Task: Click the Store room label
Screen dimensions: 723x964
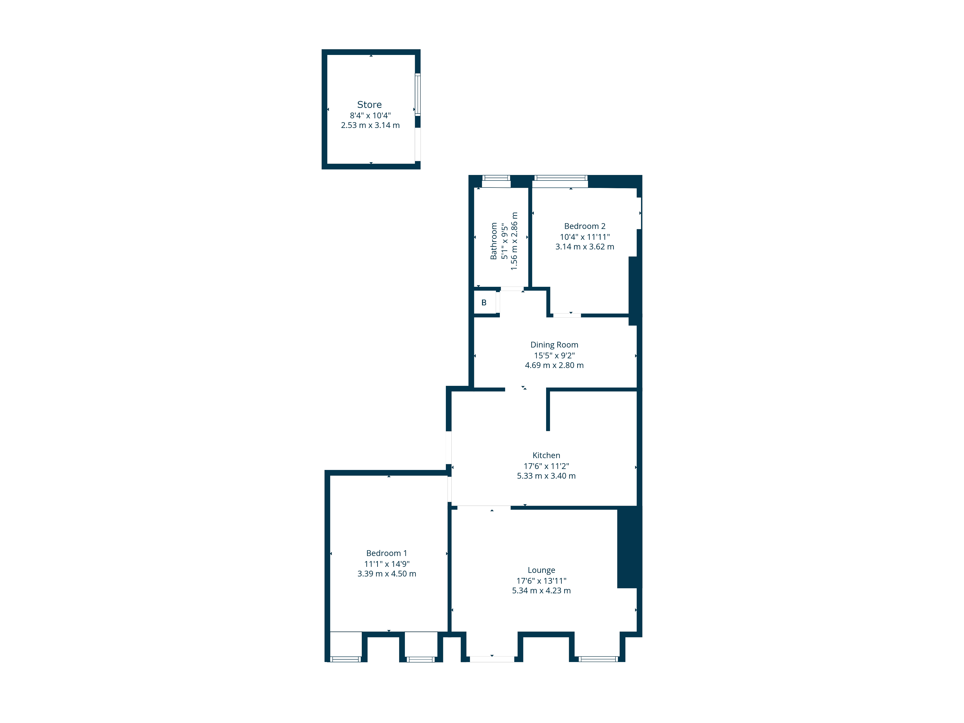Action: pyautogui.click(x=369, y=105)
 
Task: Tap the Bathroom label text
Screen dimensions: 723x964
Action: pyautogui.click(x=494, y=241)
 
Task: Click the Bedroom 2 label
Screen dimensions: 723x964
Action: pyautogui.click(x=584, y=226)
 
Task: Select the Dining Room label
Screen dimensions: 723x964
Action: pyautogui.click(x=554, y=345)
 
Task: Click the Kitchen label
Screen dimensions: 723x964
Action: pyautogui.click(x=546, y=455)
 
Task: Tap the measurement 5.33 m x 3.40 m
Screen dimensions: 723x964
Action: pyautogui.click(x=546, y=476)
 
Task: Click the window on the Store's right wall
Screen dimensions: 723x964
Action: pyautogui.click(x=417, y=94)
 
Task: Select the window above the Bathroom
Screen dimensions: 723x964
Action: pyautogui.click(x=496, y=178)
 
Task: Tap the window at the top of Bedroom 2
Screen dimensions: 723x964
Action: pyautogui.click(x=560, y=178)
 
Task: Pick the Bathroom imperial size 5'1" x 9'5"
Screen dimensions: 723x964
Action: pyautogui.click(x=504, y=241)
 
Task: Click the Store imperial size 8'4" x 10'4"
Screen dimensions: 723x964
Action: pyautogui.click(x=370, y=115)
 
